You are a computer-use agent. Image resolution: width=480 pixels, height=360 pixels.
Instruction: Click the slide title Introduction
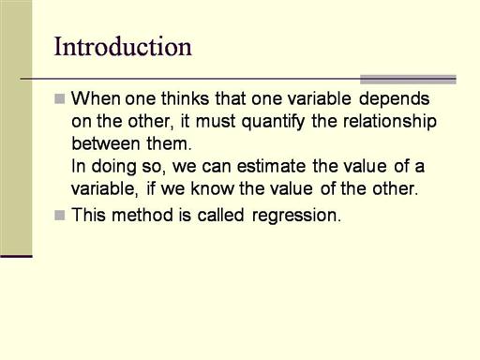coord(123,47)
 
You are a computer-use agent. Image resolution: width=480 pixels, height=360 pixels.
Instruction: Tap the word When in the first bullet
coord(96,98)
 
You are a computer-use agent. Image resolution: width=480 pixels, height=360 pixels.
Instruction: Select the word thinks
coord(185,98)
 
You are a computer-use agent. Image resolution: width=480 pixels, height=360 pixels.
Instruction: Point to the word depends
coord(394,99)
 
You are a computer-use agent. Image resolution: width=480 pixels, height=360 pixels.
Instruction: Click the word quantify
coord(273,122)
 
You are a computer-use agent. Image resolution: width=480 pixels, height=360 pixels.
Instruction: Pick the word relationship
coord(390,122)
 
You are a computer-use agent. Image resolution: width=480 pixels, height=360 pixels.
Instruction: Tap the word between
coord(106,143)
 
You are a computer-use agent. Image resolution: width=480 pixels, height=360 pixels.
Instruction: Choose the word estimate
coord(271,166)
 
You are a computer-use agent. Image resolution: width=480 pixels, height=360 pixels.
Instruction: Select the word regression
coord(296,216)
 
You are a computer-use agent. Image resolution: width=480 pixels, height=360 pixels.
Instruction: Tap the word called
coord(220,215)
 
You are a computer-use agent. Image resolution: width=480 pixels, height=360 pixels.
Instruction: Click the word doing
coord(113,167)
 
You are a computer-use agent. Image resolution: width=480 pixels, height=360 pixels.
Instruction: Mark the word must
coord(216,122)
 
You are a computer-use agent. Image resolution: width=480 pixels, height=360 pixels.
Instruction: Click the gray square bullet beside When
coord(60,98)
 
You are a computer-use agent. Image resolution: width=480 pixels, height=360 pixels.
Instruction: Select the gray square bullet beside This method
coord(60,216)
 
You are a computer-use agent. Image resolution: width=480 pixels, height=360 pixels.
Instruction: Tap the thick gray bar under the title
coord(408,80)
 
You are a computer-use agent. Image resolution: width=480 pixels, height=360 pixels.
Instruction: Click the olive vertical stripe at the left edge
coord(16,127)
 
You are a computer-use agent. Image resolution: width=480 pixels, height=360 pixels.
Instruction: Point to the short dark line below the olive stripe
coord(16,257)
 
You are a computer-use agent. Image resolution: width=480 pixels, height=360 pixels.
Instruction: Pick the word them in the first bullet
coord(169,143)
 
